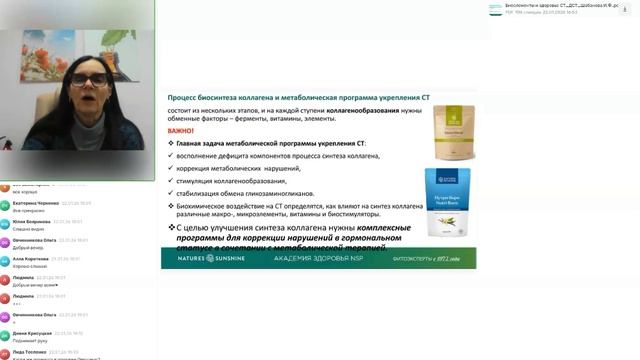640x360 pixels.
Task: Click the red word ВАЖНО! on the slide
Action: (181, 130)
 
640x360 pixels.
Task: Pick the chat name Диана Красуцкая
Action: (32, 333)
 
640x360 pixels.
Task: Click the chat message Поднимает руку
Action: (29, 341)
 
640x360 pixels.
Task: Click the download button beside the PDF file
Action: (629, 8)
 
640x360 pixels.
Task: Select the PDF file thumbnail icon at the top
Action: (495, 8)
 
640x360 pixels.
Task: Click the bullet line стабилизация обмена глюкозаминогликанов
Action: (244, 193)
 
